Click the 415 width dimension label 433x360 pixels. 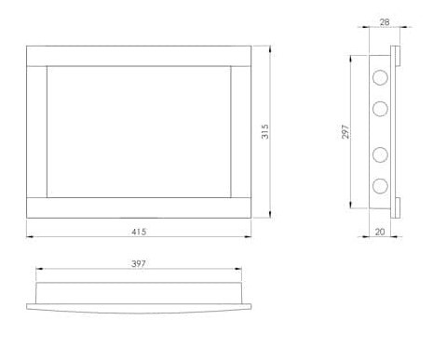point(139,232)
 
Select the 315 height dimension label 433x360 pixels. point(264,132)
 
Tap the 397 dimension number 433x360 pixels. point(139,263)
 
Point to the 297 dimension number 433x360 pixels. point(345,132)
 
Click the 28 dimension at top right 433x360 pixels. point(385,22)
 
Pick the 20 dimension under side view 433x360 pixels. point(380,232)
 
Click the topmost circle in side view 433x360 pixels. point(380,77)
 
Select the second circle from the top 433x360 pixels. point(380,109)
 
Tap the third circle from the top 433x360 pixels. point(380,154)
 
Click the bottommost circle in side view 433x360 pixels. point(380,185)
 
